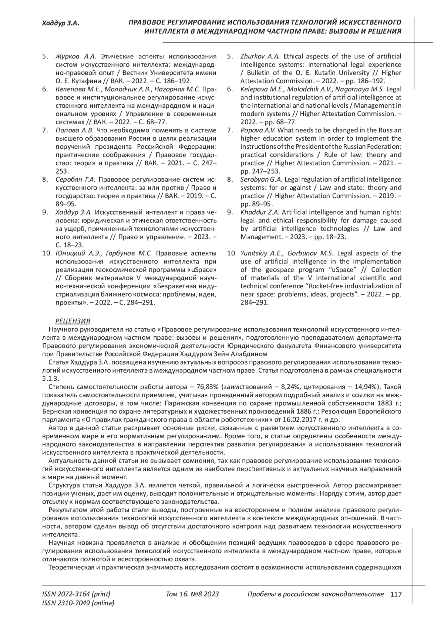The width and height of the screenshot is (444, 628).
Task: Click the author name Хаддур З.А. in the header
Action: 61,24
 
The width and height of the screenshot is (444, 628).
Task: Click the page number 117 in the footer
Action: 396,594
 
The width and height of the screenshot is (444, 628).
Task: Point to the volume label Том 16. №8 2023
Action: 192,594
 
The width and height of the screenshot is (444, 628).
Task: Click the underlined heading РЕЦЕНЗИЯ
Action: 73,321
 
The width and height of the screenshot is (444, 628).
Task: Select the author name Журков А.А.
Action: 75,56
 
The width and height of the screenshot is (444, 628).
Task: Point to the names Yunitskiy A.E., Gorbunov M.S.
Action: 287,253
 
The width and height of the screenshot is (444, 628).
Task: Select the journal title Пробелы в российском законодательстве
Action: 316,594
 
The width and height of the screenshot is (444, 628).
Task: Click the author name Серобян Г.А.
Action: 75,179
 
